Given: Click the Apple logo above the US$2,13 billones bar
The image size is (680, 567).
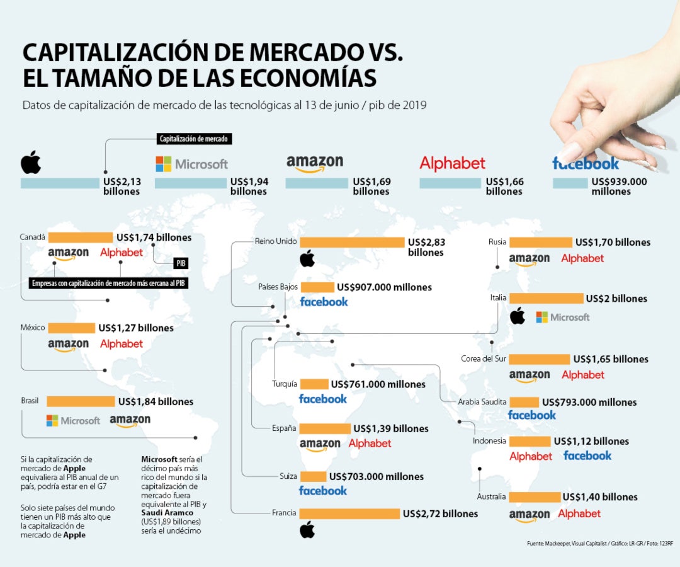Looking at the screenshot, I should click(x=31, y=162).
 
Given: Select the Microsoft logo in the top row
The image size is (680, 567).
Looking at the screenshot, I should click(x=192, y=164).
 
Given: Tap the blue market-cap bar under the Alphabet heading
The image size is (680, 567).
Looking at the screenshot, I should click(x=450, y=183).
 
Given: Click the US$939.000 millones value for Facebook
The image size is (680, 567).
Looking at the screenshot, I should click(x=620, y=186).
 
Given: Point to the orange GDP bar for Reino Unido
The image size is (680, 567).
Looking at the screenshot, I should click(x=352, y=243).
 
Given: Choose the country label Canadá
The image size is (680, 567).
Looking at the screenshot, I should click(x=32, y=238).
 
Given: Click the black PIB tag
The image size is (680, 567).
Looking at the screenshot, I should click(x=180, y=263).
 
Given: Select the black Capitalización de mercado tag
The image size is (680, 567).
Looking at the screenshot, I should click(x=194, y=139).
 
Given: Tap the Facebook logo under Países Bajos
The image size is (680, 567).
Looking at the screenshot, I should click(x=324, y=302).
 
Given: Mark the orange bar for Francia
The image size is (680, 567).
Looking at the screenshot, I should click(x=349, y=514).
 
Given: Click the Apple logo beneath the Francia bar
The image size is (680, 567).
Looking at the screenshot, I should click(x=307, y=530).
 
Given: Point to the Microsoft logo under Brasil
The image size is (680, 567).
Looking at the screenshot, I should click(x=73, y=420).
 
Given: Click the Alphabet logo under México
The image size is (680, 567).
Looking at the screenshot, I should click(x=122, y=344).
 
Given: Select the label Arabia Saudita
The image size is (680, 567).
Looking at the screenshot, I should click(x=482, y=402).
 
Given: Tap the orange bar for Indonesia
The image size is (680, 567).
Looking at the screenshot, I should click(x=530, y=442).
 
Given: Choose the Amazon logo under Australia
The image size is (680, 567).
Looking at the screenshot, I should click(x=530, y=515).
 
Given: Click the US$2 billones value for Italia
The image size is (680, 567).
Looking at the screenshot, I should click(x=616, y=299).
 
